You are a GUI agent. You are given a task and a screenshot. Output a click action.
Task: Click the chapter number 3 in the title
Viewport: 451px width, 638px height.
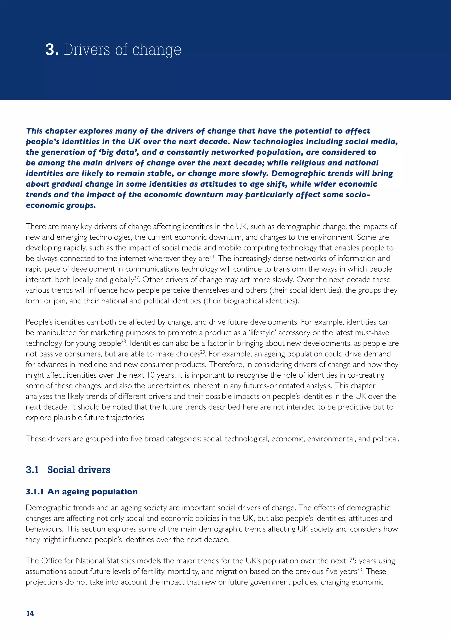click(x=50, y=50)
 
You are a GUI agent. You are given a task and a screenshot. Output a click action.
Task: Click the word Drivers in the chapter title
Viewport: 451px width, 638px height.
click(x=87, y=50)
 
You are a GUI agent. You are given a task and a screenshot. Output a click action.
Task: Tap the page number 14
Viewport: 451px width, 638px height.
click(x=30, y=613)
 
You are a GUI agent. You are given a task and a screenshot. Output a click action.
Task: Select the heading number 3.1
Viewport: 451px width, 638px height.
click(x=32, y=470)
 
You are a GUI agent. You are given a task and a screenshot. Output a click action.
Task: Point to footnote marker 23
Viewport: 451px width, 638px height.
click(x=212, y=256)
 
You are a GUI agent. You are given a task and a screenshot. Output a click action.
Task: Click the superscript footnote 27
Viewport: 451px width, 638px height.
click(x=137, y=278)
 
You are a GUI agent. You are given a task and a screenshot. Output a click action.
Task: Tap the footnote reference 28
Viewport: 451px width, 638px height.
click(x=124, y=341)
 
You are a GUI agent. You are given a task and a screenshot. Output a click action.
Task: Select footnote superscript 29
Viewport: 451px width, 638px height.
click(x=203, y=352)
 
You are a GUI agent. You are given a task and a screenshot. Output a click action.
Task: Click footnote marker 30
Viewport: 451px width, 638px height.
click(x=360, y=569)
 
